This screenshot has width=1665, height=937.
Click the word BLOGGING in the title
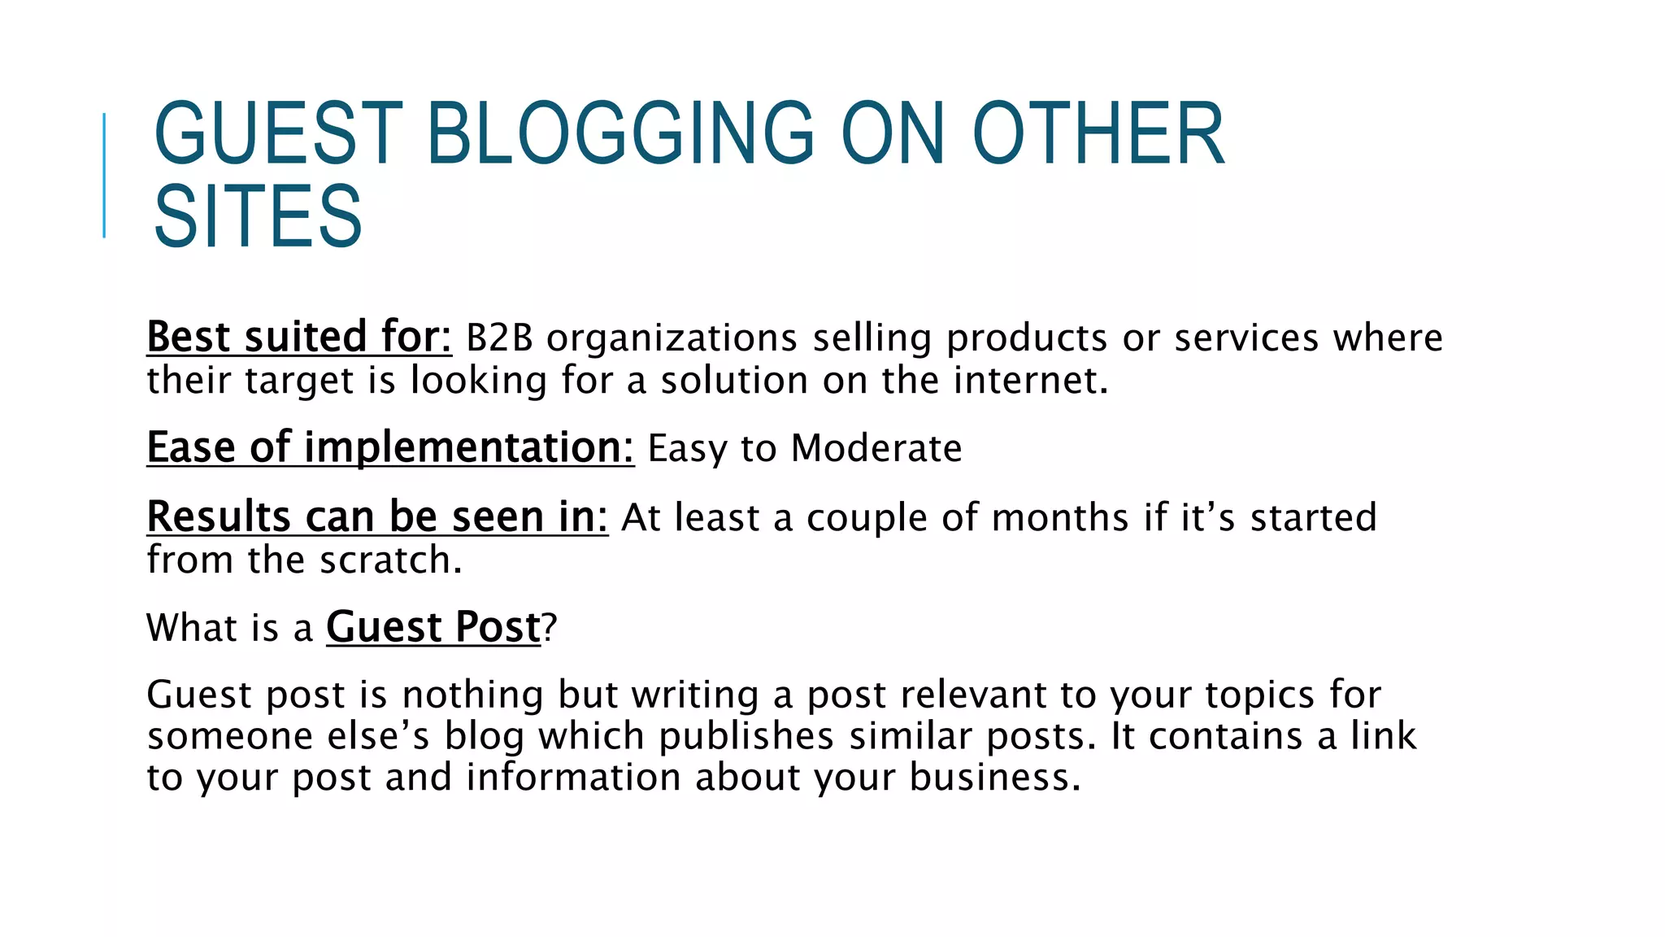[x=619, y=133]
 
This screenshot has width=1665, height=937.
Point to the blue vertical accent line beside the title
[x=104, y=176]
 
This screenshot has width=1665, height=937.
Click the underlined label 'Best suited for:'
[x=298, y=338]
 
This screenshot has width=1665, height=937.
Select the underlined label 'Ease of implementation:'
[x=390, y=448]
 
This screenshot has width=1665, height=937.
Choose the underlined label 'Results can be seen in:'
[x=377, y=517]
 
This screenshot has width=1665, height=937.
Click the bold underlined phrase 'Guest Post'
[x=433, y=628]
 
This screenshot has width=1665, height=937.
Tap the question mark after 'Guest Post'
[x=550, y=628]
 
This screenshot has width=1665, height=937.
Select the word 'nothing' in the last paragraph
[x=472, y=695]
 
